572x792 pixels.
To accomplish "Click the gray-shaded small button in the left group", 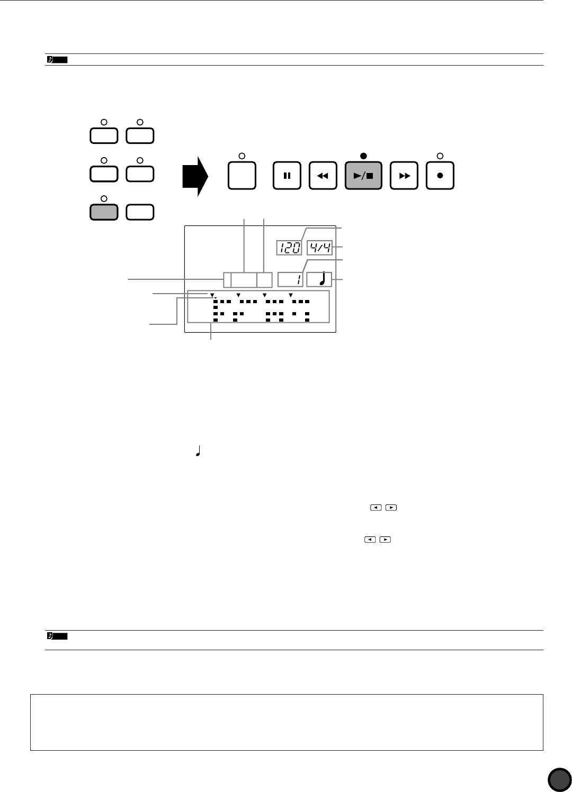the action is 104,212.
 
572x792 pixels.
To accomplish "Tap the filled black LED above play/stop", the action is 363,156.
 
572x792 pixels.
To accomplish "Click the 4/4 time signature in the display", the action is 319,248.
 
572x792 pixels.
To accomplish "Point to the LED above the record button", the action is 440,156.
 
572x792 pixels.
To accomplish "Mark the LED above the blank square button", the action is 242,156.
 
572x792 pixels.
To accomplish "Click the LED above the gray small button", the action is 104,198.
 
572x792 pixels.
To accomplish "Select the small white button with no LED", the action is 140,212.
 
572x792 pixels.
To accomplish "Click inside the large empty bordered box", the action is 287,722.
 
